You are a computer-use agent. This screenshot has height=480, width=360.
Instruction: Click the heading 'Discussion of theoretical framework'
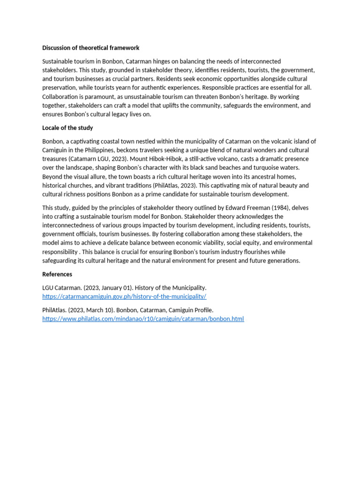point(90,48)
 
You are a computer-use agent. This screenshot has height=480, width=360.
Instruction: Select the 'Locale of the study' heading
point(67,128)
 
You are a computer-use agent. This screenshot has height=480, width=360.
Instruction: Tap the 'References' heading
point(57,274)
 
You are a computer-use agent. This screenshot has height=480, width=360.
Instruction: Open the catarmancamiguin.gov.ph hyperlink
point(124,297)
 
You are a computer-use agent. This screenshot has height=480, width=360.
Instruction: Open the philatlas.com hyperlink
point(143,319)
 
